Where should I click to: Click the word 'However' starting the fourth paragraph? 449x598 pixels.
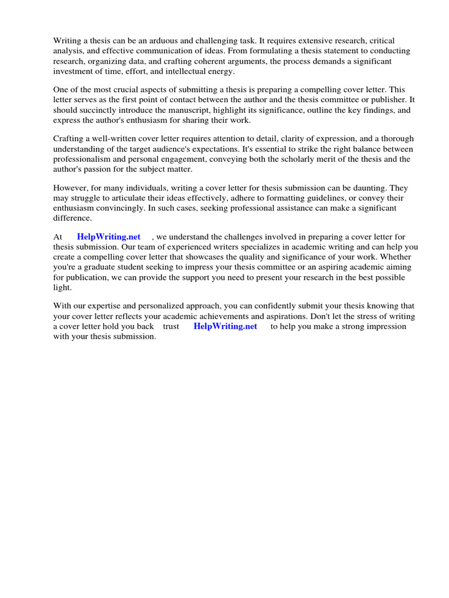[x=70, y=188]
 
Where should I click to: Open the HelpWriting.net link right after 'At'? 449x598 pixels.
[x=109, y=237]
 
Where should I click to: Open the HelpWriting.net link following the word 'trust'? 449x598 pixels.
[x=225, y=326]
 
